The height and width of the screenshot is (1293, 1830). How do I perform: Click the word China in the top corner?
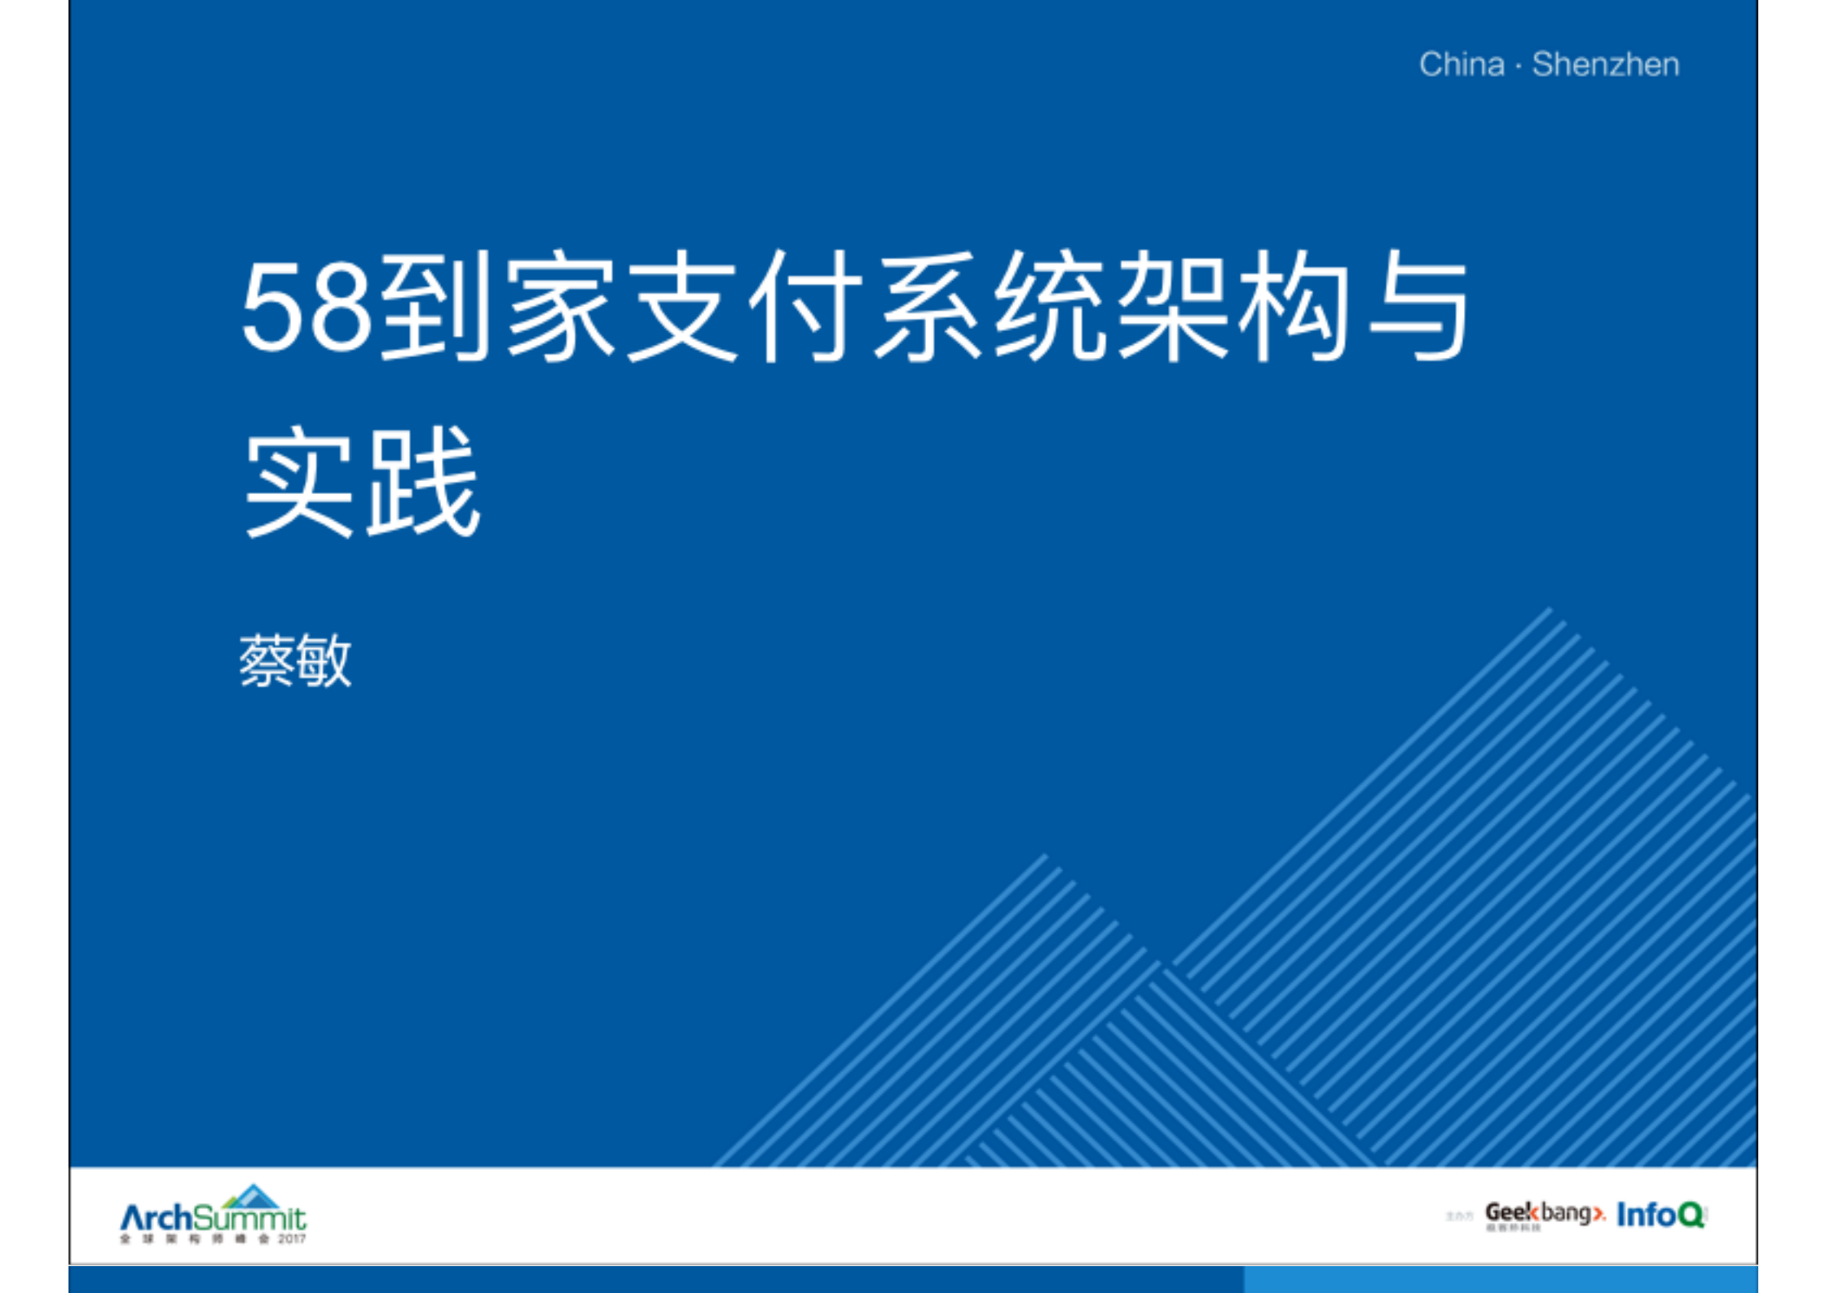pyautogui.click(x=1461, y=64)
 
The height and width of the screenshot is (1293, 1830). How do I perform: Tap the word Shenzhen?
pyautogui.click(x=1605, y=64)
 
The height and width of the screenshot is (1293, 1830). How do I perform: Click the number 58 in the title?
pyautogui.click(x=306, y=309)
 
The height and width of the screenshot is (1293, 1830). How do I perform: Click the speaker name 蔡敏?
pyautogui.click(x=295, y=660)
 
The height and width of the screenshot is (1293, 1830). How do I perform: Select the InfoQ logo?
pyautogui.click(x=1660, y=1215)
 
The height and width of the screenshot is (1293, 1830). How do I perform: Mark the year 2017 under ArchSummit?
pyautogui.click(x=292, y=1239)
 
